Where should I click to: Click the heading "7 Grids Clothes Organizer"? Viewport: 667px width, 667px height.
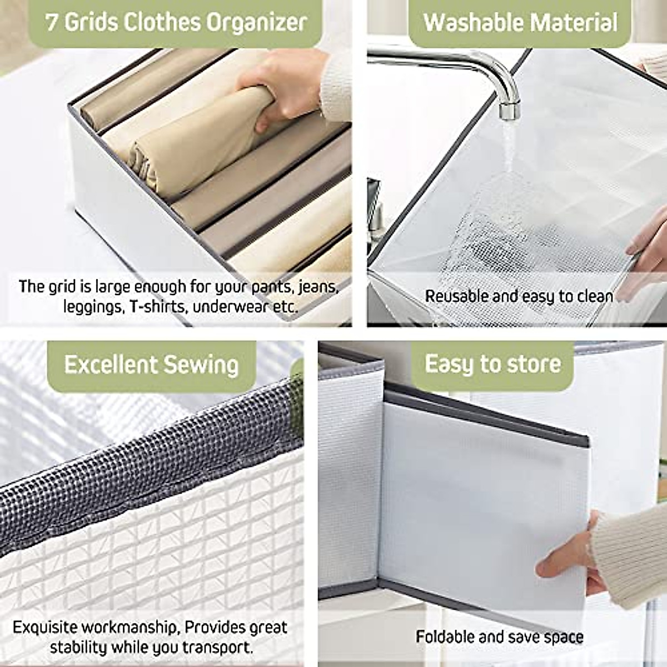(176, 23)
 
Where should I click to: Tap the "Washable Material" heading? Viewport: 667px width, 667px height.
(520, 23)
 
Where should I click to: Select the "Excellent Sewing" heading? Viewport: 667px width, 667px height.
(151, 365)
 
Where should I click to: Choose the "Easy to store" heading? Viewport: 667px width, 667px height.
(492, 364)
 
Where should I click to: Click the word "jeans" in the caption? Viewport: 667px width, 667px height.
(318, 287)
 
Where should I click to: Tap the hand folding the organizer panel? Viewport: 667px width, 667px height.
(567, 556)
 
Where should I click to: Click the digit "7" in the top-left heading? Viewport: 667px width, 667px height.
(52, 23)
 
